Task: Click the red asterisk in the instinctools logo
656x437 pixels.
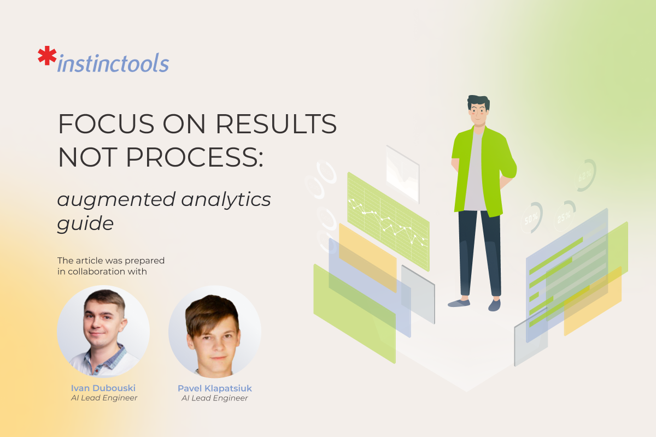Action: coord(47,57)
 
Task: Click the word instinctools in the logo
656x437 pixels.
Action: coord(113,63)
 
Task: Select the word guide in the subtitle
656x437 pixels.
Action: coord(85,223)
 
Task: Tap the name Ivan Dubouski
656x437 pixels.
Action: coord(103,388)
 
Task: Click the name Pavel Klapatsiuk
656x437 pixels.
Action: coord(215,388)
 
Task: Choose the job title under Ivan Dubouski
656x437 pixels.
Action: coord(104,398)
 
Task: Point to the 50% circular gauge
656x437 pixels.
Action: coord(531,218)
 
